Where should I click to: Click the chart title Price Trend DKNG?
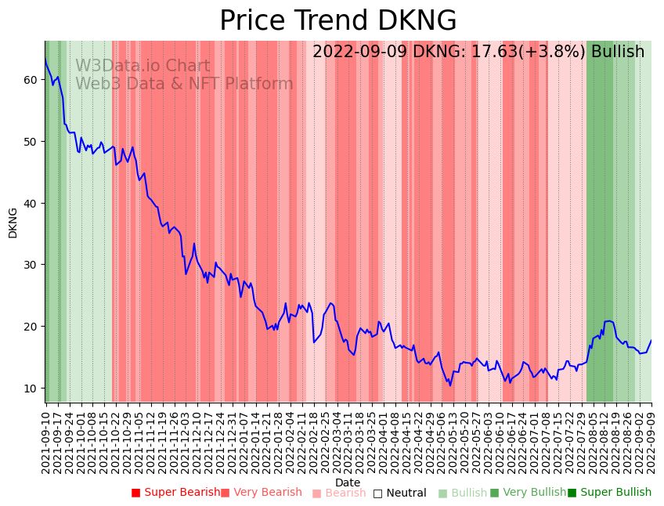(337, 21)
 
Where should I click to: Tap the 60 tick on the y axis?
(31, 80)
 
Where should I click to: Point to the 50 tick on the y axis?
(31, 142)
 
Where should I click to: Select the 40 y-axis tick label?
(31, 203)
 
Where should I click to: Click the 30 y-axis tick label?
(31, 265)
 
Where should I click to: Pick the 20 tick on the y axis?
(31, 327)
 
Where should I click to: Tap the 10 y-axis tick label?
(31, 388)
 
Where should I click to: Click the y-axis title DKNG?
(13, 222)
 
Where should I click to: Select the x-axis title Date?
(348, 483)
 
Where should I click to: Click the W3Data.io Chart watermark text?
(143, 67)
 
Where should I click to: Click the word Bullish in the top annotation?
(618, 52)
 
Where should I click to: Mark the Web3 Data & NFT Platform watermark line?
(184, 84)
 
